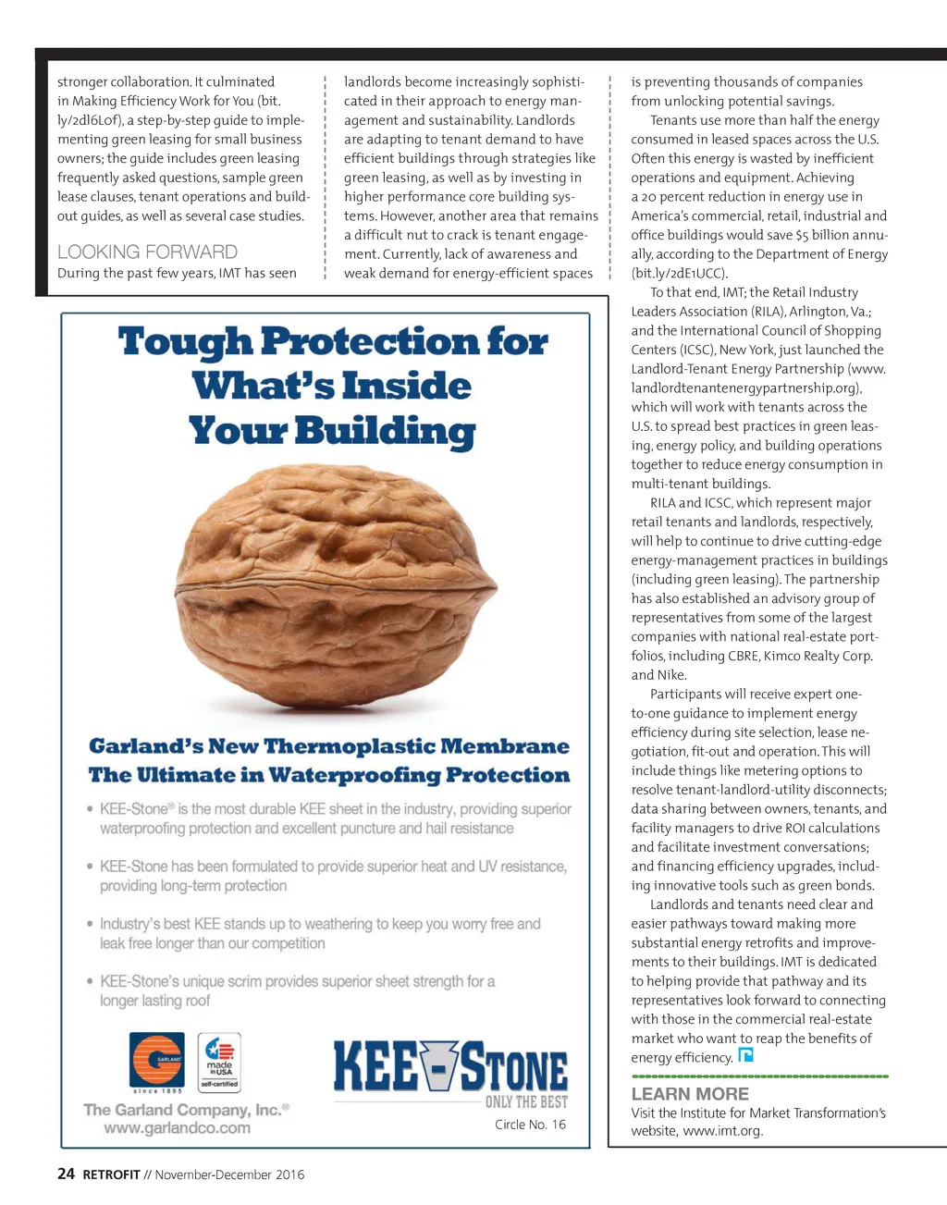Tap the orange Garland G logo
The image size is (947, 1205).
(157, 1060)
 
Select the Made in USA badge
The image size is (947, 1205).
(219, 1063)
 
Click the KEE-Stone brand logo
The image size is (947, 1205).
(450, 1067)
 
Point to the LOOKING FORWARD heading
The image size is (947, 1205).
(147, 252)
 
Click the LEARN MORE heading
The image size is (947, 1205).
(690, 1094)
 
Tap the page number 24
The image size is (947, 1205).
(66, 1174)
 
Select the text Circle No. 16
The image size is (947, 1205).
(530, 1125)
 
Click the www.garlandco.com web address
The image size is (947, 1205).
(177, 1128)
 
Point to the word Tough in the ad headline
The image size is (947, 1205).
(185, 342)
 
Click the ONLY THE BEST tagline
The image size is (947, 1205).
(526, 1102)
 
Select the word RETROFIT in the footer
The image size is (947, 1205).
(111, 1175)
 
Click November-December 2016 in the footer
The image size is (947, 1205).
(229, 1175)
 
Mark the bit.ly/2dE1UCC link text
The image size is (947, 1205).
(680, 274)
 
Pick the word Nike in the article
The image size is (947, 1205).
(671, 675)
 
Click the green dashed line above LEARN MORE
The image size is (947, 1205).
(759, 1076)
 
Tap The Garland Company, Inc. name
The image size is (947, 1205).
(186, 1110)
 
